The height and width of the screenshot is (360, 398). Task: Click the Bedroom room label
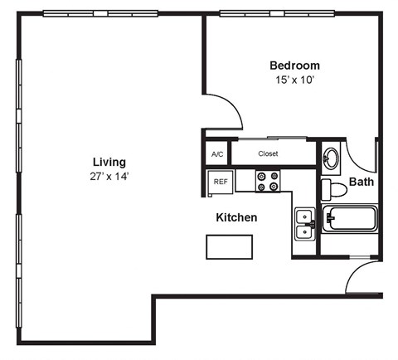click(294, 66)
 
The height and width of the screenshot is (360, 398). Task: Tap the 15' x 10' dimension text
click(294, 80)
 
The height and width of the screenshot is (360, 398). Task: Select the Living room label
click(109, 162)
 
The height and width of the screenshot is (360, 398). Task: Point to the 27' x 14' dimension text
click(109, 176)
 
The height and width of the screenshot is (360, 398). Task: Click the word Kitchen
click(236, 218)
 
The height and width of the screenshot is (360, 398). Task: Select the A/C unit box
click(217, 154)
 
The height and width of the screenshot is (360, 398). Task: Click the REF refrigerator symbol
click(221, 181)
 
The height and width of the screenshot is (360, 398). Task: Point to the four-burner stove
click(267, 181)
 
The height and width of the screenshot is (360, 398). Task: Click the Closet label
click(268, 153)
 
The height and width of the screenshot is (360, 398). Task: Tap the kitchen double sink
click(304, 223)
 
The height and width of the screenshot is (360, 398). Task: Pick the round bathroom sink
click(331, 156)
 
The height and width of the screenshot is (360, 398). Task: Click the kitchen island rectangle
click(230, 246)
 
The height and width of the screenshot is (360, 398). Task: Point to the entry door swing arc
click(362, 278)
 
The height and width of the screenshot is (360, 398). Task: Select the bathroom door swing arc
click(360, 155)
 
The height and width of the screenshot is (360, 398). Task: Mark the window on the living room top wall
click(100, 12)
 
